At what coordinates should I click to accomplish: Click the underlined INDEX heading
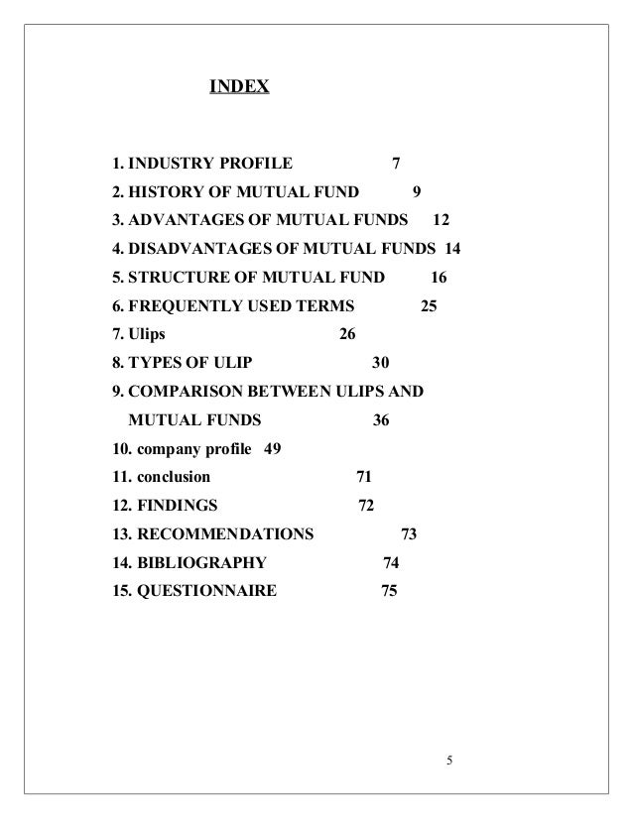pos(238,88)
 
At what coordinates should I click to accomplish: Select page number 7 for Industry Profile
pos(397,164)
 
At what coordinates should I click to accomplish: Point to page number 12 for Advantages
pos(441,219)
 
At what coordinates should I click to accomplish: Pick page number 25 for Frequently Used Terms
pos(429,304)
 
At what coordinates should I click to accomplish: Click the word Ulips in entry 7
pos(148,333)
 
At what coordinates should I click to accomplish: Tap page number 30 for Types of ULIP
pos(379,361)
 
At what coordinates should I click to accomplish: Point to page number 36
pos(381,419)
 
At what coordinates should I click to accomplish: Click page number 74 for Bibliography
pos(391,563)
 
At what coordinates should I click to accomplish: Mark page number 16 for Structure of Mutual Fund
pos(441,276)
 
